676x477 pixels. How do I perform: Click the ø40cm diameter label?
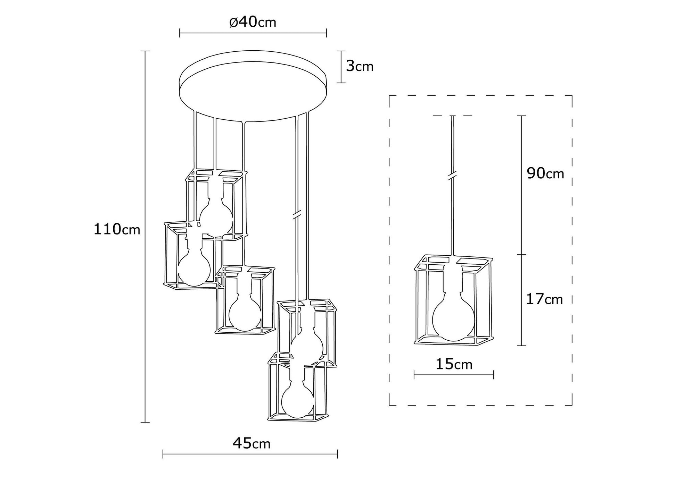tap(253, 22)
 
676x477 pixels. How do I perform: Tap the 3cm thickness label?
tap(360, 66)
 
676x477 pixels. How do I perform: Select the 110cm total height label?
tap(117, 229)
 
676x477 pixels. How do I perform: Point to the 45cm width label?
tap(251, 443)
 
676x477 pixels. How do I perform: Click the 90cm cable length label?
tap(545, 173)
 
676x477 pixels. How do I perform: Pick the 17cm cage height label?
tap(544, 299)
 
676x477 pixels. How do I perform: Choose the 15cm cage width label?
tap(454, 364)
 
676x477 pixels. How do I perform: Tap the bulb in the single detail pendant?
tap(453, 318)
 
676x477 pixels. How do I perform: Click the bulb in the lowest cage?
tap(298, 402)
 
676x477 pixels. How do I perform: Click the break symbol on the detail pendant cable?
tap(452, 176)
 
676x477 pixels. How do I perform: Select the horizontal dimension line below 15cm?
tap(454, 375)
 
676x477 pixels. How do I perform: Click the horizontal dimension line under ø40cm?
tap(253, 33)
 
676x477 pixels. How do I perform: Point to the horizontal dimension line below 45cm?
tap(250, 454)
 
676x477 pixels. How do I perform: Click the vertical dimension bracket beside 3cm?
tap(341, 67)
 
